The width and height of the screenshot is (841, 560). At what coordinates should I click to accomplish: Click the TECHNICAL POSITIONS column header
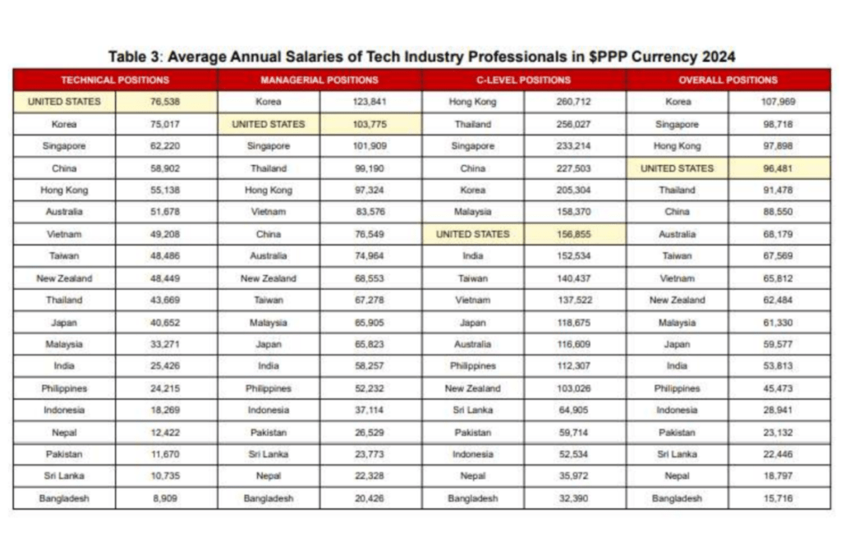tap(115, 80)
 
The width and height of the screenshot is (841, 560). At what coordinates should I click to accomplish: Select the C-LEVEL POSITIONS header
tap(523, 80)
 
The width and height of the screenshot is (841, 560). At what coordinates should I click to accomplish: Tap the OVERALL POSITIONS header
tap(728, 80)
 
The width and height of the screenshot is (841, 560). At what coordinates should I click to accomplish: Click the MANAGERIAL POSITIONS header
tap(319, 80)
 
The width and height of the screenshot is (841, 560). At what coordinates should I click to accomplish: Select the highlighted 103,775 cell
tap(370, 124)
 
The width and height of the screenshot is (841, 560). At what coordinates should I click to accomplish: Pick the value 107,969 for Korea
tap(779, 102)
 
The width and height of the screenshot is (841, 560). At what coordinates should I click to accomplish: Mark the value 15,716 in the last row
tap(779, 498)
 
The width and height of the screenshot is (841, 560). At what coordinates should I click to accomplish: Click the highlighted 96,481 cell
tap(779, 168)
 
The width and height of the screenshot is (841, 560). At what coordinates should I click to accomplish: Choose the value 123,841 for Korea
tap(370, 102)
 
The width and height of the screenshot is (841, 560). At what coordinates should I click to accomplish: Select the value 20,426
tap(370, 498)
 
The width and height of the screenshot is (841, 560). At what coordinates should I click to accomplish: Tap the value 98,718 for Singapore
tap(779, 124)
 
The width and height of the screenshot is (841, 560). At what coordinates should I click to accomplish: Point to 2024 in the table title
tap(716, 56)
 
